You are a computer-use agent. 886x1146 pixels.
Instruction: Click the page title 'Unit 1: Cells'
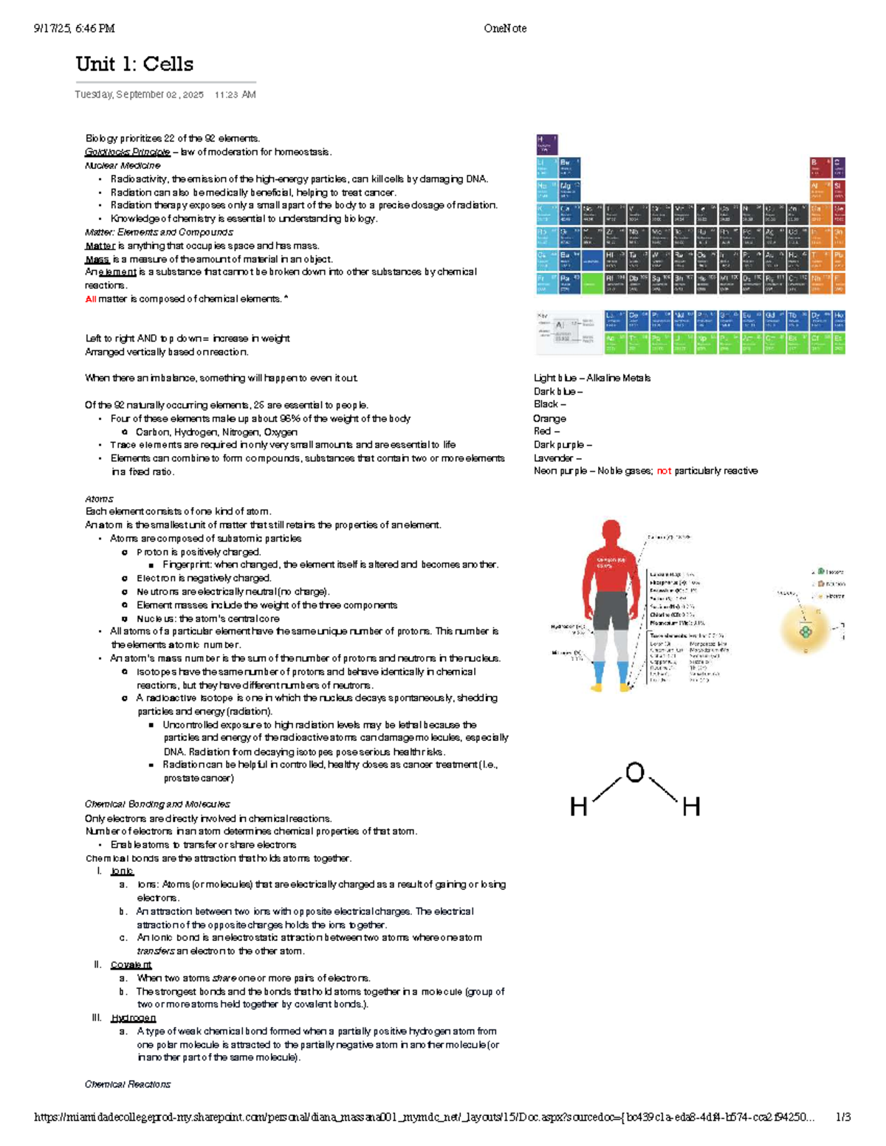[134, 64]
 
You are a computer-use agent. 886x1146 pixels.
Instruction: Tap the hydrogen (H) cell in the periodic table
[546, 144]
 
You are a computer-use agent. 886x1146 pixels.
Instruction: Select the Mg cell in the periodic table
[569, 190]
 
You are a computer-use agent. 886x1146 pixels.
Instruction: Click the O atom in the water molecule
[634, 773]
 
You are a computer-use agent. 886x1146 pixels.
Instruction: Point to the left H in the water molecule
[578, 807]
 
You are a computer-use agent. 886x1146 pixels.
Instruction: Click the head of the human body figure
[611, 531]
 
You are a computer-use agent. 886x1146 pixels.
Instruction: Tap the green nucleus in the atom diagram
[805, 631]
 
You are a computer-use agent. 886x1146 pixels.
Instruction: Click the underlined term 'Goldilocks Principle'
[127, 152]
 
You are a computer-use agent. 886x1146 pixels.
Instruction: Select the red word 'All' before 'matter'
[90, 299]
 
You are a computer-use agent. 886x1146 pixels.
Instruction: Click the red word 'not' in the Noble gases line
[664, 471]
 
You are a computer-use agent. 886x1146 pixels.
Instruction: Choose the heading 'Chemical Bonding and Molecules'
[157, 804]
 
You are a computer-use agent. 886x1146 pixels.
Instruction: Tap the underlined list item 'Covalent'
[131, 964]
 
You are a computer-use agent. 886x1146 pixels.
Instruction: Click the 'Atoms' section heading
[99, 499]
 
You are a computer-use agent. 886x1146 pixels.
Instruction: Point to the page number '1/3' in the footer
[842, 1117]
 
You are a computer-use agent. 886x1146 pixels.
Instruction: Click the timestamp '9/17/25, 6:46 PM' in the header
[74, 29]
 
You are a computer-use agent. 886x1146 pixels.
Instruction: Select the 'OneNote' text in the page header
[505, 29]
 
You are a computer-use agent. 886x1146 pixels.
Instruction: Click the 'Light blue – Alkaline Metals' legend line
[592, 378]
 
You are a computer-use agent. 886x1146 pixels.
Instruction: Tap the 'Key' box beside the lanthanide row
[568, 331]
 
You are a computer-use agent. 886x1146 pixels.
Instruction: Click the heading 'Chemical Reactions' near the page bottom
[128, 1084]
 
